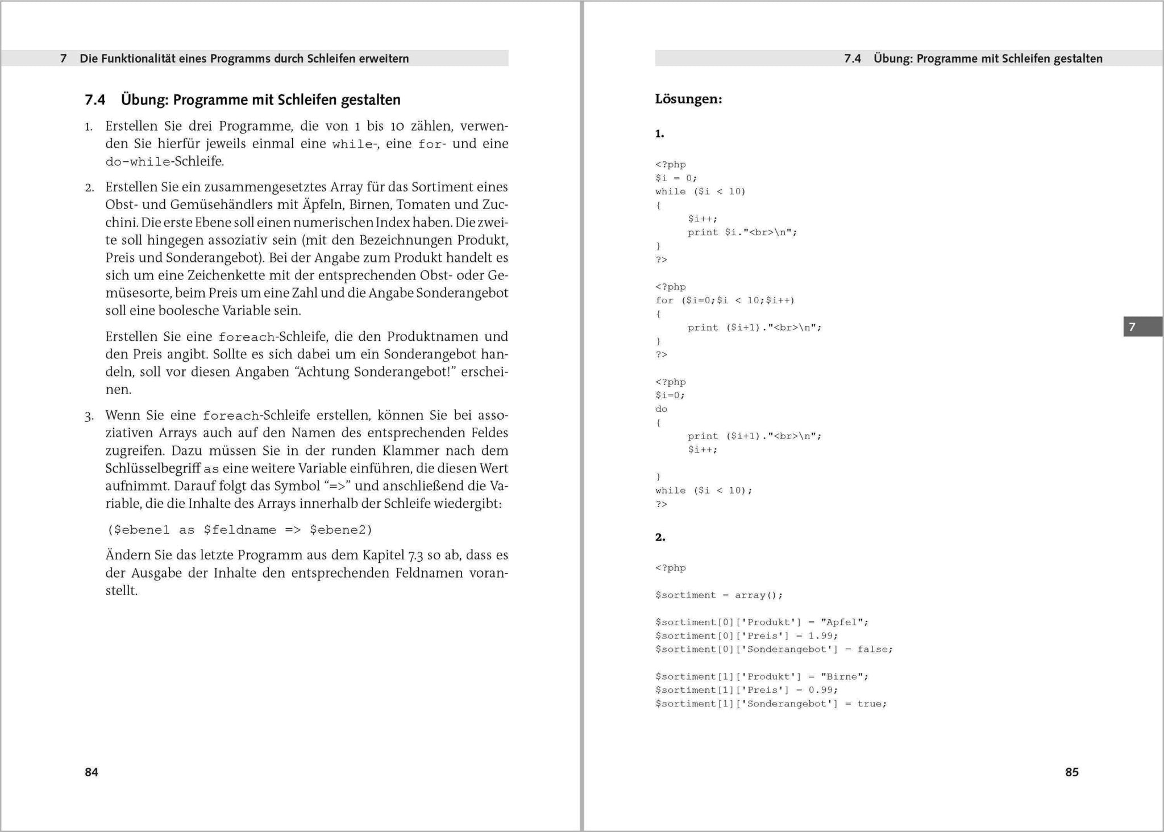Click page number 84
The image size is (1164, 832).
pos(92,772)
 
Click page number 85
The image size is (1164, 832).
pos(1071,772)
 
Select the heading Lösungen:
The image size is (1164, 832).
pos(688,99)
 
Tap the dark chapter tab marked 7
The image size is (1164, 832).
pos(1142,327)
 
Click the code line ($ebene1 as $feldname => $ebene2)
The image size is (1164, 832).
pos(240,530)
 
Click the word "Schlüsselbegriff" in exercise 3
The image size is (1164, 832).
pos(153,469)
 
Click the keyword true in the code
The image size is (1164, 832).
pos(870,704)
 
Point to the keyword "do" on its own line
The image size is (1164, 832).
pos(662,409)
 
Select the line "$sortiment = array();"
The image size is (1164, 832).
pos(719,595)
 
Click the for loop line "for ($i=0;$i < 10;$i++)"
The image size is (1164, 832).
pos(725,300)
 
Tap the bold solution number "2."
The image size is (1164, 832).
pos(660,537)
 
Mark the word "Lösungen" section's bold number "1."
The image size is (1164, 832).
pos(659,134)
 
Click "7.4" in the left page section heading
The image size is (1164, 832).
pos(95,100)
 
